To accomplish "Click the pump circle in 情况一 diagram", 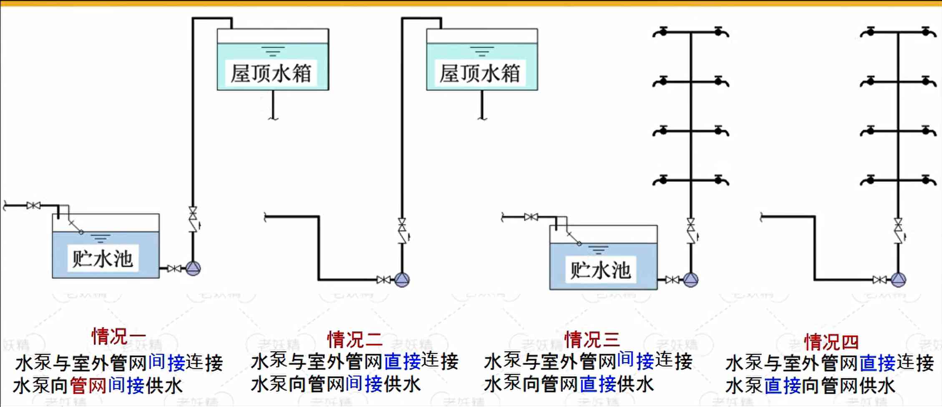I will coord(193,268).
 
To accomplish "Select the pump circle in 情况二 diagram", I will coord(402,280).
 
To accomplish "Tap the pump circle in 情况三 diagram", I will coord(690,280).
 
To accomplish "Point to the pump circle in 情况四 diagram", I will coord(898,280).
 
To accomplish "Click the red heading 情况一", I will coord(118,336).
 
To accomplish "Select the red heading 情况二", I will coord(355,339).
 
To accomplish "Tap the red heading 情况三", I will coord(592,339).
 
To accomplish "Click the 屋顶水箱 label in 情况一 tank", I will coord(272,73).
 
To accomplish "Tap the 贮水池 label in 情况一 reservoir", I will coord(103,259).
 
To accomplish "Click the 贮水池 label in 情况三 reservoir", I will coord(600,270).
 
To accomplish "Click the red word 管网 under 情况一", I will coord(88,385).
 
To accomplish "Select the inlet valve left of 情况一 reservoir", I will coord(33,205).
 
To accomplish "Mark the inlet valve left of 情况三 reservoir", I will coord(531,217).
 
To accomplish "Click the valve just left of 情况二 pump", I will coord(383,280).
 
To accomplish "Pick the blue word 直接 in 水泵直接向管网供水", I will coord(783,385).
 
